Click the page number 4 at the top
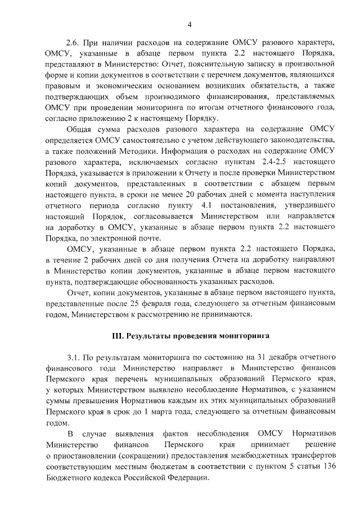pyautogui.click(x=190, y=24)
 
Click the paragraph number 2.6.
pyautogui.click(x=74, y=43)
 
